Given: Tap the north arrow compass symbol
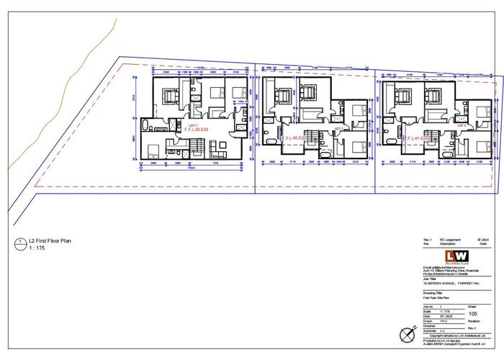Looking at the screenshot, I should click(406, 333).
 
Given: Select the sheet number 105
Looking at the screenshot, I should click(472, 313).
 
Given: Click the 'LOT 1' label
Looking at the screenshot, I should click(192, 125).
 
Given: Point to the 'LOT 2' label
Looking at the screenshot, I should click(340, 127).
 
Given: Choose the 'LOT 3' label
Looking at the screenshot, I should click(460, 125).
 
